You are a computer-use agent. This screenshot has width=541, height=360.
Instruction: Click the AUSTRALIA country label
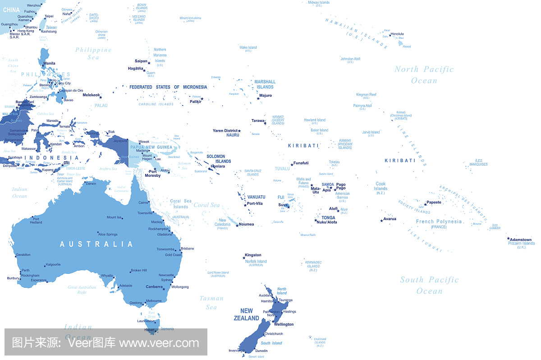click(96, 244)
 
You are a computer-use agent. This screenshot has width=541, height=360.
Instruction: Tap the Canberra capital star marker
click(164, 289)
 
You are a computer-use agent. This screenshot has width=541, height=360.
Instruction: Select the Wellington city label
click(284, 324)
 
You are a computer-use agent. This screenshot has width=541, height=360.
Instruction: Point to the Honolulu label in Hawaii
click(397, 34)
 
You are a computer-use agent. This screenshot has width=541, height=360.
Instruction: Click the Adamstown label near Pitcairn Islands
click(521, 240)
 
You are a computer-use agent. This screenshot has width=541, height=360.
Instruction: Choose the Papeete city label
click(434, 202)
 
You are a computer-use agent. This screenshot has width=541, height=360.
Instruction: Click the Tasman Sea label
click(211, 302)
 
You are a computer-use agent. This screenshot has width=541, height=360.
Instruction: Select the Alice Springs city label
click(108, 234)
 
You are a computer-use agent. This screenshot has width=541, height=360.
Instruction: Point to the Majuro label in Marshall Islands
click(266, 96)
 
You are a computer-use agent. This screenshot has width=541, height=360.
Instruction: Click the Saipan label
click(141, 61)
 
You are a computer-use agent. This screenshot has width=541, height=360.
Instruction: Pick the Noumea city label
click(246, 224)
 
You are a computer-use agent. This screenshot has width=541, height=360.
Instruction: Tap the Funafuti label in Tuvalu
click(301, 163)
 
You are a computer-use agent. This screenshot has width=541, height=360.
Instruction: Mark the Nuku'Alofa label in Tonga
click(327, 222)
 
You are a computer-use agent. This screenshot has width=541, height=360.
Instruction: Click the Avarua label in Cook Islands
click(390, 219)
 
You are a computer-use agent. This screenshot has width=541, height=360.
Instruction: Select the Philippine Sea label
click(93, 53)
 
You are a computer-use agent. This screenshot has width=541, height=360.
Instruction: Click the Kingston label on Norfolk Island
click(253, 255)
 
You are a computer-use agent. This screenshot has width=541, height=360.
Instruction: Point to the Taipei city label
click(49, 16)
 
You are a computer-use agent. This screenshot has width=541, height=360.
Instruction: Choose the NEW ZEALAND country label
click(247, 314)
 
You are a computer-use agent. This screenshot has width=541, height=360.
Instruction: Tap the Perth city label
click(26, 270)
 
